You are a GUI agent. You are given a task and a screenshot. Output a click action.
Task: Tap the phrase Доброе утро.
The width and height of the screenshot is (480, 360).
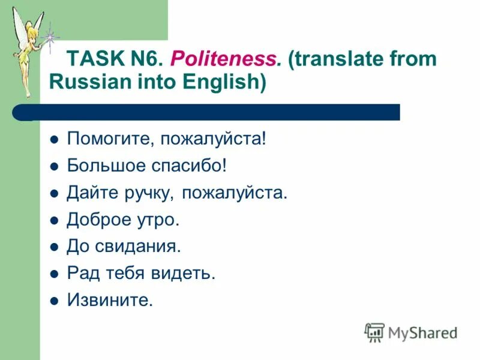(123, 220)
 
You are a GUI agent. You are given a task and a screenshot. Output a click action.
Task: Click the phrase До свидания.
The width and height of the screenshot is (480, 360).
(124, 247)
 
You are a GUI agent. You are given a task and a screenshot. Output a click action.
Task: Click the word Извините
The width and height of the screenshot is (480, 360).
(110, 300)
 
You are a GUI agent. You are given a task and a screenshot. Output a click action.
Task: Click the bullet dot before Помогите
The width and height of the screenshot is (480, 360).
(54, 140)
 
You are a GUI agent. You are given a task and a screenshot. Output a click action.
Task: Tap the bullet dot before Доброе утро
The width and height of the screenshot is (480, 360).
(54, 220)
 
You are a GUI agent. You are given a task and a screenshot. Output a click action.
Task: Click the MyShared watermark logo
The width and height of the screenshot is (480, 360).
(411, 332)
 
